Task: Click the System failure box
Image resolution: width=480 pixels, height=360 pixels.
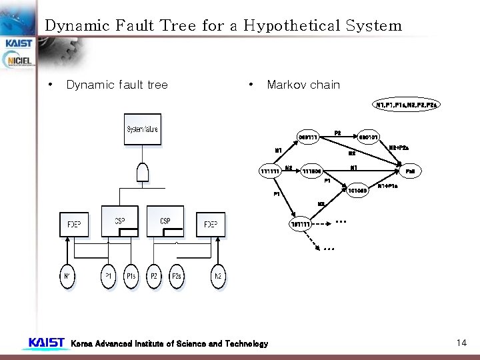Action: pos(143,129)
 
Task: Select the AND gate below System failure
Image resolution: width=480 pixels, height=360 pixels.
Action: pos(142,172)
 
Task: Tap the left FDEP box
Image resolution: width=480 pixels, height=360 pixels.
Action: pos(74,224)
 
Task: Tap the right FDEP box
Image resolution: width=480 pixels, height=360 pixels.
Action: pos(210,224)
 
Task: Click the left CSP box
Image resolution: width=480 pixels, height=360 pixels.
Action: pos(119,221)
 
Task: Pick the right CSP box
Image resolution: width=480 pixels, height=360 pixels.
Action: pos(165,221)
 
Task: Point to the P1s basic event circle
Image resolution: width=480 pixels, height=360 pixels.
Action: pos(131,276)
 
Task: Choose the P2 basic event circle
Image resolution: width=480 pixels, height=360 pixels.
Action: pos(154,276)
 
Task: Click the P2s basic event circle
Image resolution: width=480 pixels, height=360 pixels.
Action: pos(177,276)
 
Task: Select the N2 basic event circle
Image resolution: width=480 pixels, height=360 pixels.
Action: pos(217,276)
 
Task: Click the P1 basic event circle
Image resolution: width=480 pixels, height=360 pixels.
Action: pos(108,276)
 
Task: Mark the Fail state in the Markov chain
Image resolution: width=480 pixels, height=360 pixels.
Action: pos(410,171)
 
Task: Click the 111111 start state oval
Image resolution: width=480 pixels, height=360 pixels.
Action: pos(270,171)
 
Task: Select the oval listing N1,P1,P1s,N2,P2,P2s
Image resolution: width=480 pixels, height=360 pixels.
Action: pos(407,105)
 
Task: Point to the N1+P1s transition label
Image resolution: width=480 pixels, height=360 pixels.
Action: pos(389,186)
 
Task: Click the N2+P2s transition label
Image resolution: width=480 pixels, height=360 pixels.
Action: pos(399,147)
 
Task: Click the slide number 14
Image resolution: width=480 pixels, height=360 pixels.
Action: pos(461,343)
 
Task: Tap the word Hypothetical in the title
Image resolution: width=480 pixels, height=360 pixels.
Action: pos(291,26)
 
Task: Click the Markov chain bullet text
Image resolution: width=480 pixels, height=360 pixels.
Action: pos(303,85)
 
